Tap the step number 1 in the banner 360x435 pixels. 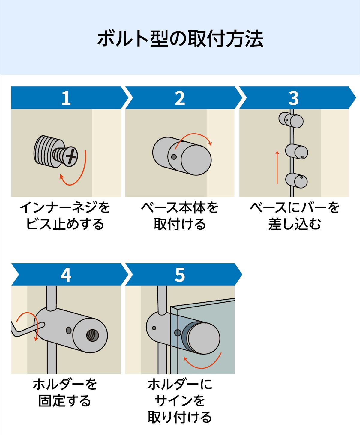[x=66, y=98]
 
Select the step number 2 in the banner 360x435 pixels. [x=180, y=98]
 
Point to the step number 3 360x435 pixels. [x=293, y=98]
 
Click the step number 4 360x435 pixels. [x=66, y=275]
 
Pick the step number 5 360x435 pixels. [x=180, y=275]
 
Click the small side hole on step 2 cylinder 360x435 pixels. [x=173, y=157]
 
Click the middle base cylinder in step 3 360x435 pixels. [x=296, y=152]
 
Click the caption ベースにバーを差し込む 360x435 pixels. [x=294, y=216]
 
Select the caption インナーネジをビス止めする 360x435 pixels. [x=65, y=216]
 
